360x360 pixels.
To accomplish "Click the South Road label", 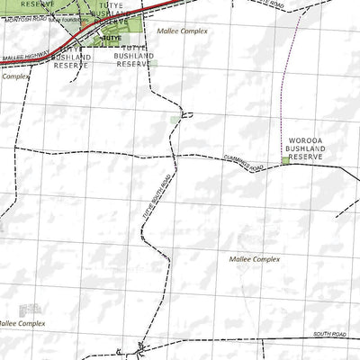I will (x=329, y=335).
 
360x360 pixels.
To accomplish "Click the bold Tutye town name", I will (x=112, y=40).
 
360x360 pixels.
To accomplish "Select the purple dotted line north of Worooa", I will (x=286, y=99).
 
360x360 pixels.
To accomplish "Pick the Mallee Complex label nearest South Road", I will (x=255, y=259).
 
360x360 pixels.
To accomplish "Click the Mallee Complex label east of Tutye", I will (x=181, y=31).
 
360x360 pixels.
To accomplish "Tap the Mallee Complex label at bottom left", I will (x=20, y=323).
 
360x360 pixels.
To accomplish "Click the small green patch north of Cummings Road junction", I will (x=175, y=120).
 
